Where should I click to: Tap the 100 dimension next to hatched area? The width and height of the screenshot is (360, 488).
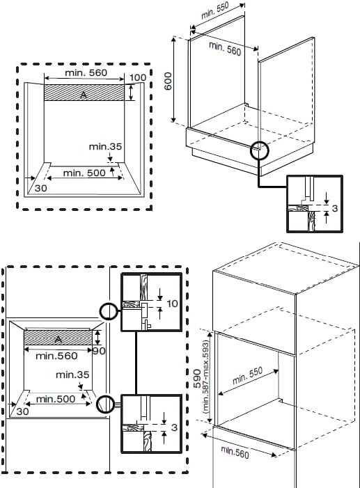coord(137,77)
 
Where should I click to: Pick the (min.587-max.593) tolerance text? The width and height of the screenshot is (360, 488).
coord(206,377)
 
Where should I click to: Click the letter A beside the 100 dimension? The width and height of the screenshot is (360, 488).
coord(83,95)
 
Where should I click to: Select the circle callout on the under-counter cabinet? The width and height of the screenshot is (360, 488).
coord(259,150)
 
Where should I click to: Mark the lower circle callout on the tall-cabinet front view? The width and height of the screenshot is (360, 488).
coord(105,403)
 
